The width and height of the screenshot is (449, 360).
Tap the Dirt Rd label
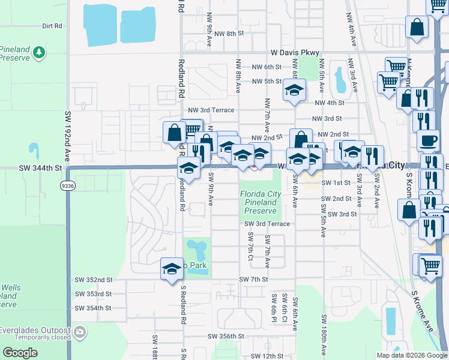point(52,26)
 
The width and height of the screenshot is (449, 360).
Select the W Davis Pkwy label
point(295,53)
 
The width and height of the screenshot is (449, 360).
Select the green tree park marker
point(39,52)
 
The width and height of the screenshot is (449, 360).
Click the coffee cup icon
point(428,140)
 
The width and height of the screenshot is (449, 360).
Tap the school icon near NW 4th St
point(294,91)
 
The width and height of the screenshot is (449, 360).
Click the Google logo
point(20,352)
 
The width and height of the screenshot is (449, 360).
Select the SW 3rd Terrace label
point(267,224)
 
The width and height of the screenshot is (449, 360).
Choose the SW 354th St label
point(94,308)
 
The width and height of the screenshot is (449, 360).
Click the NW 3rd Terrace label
point(211,110)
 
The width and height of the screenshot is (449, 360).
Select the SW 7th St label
point(253,280)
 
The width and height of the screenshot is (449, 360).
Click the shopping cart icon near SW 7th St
point(430,265)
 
